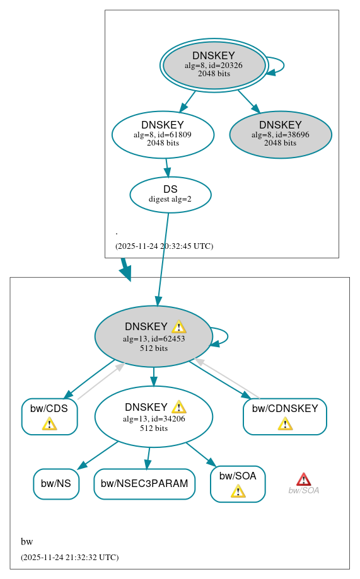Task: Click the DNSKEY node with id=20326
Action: coord(214,65)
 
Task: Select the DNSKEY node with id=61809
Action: coord(163,134)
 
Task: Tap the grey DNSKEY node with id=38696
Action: coord(281,134)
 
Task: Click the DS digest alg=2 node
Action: coord(170,194)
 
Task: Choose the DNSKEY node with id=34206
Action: coord(153,417)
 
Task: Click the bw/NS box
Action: coord(56,484)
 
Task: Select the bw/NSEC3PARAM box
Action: coord(144,484)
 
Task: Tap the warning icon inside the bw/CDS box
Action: coord(49,423)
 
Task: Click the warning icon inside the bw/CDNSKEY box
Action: coord(285,423)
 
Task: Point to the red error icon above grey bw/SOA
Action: coord(303,479)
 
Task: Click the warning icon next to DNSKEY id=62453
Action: coord(178,326)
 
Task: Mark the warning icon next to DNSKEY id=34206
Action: coord(178,407)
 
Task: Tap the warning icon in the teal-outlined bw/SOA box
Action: coord(238,491)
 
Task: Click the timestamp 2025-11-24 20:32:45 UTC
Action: coord(164,246)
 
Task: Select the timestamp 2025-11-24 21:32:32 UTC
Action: coord(69,558)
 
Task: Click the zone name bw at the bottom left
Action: coord(26,542)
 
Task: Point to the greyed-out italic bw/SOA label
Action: coord(303,491)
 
